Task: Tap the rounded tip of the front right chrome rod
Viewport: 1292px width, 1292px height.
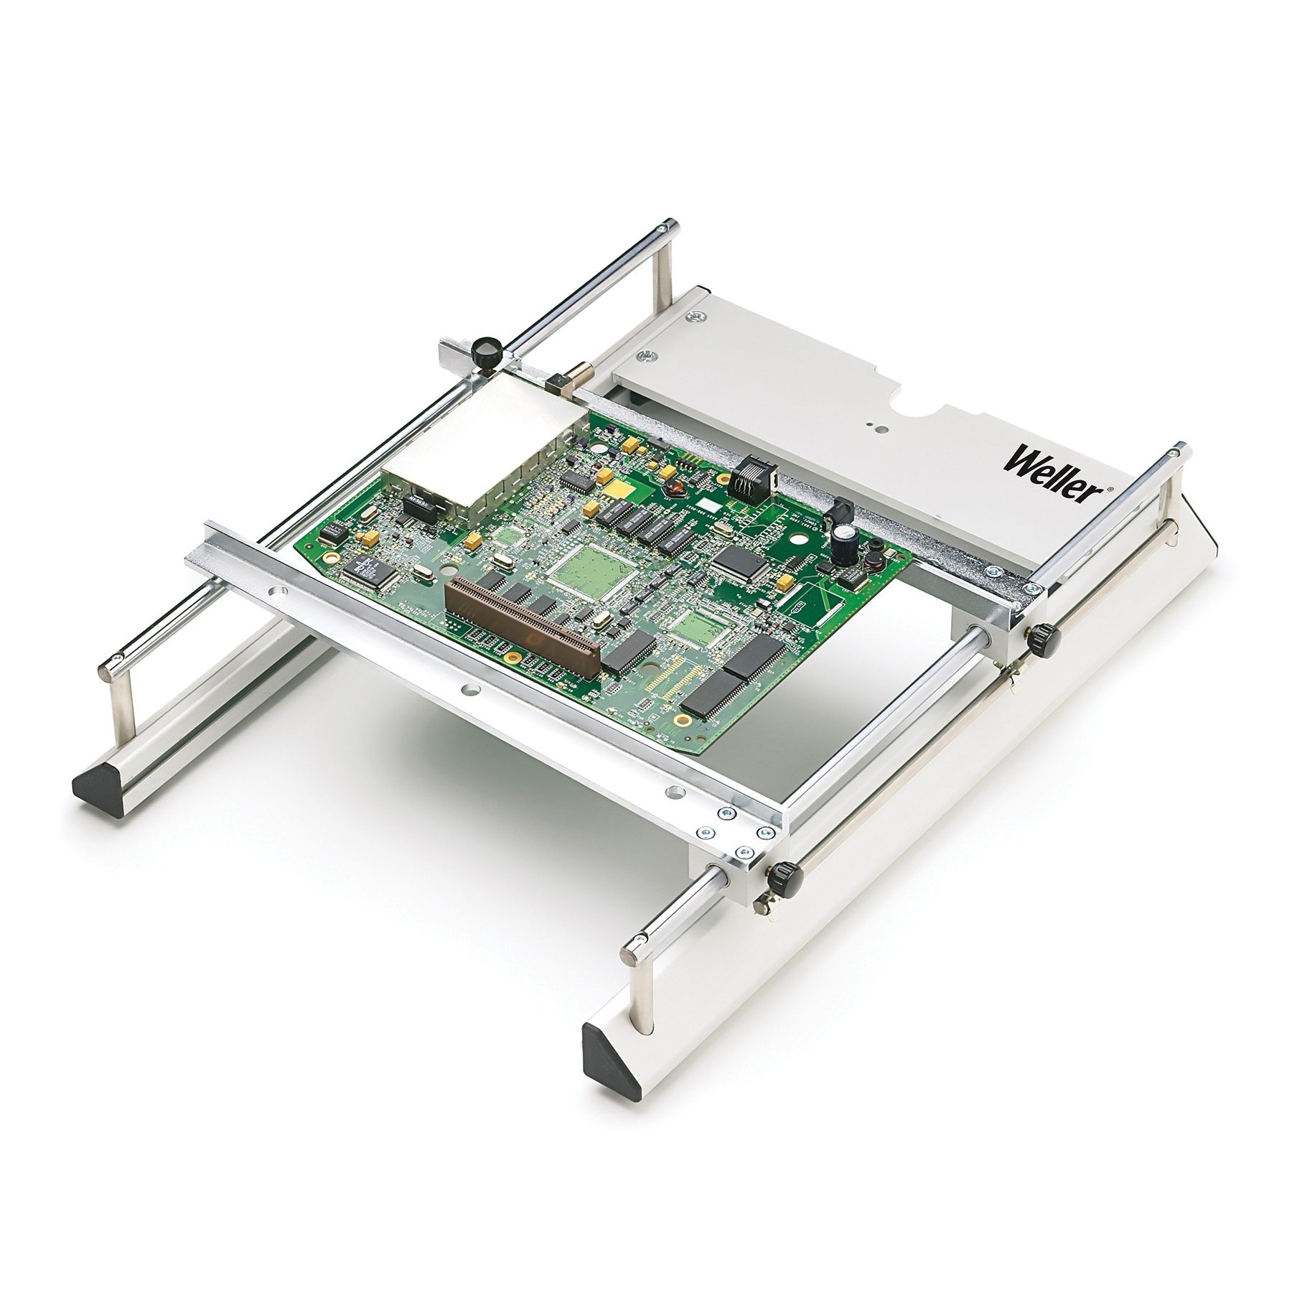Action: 634,952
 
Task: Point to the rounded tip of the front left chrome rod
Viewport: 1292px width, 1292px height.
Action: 107,672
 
